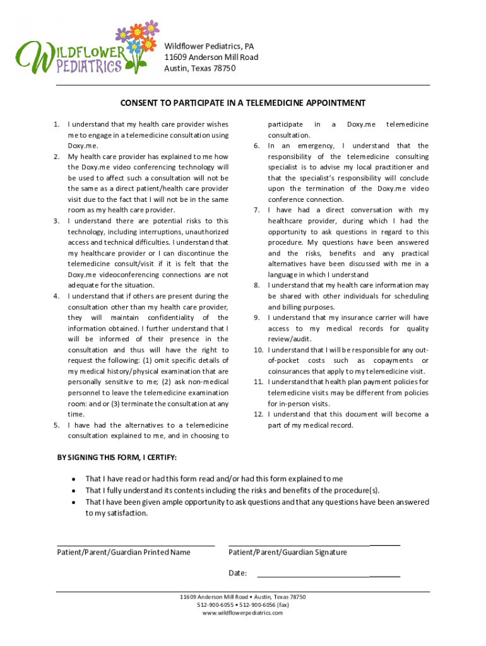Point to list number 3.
(x=56, y=221)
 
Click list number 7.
(x=257, y=210)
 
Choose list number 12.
(x=258, y=414)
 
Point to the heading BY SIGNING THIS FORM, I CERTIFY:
(x=117, y=457)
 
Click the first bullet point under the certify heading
(x=74, y=479)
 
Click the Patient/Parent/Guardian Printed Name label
(x=124, y=553)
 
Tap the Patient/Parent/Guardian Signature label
(x=287, y=553)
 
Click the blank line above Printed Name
(x=136, y=544)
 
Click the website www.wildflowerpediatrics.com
(x=243, y=613)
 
